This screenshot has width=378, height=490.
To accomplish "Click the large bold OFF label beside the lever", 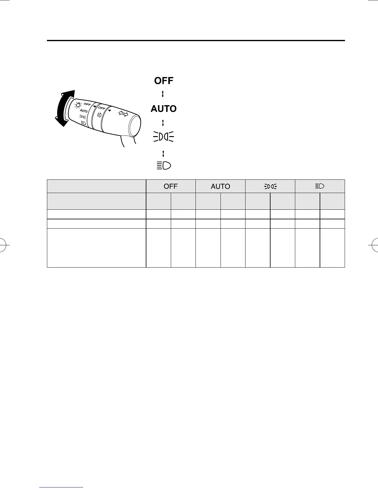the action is pyautogui.click(x=164, y=81).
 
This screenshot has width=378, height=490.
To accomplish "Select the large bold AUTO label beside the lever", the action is pyautogui.click(x=164, y=109).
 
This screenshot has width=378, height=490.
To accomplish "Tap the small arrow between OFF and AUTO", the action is pyautogui.click(x=163, y=94).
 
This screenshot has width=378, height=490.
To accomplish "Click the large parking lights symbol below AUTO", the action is pyautogui.click(x=163, y=137).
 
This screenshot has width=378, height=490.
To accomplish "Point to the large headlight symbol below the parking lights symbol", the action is pyautogui.click(x=164, y=166).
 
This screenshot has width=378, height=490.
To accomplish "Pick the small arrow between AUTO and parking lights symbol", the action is pyautogui.click(x=163, y=123).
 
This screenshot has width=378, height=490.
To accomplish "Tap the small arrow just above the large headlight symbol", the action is pyautogui.click(x=163, y=153).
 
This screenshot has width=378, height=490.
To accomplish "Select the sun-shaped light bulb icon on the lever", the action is pyautogui.click(x=78, y=105).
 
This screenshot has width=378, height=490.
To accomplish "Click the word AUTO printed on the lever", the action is pyautogui.click(x=83, y=111).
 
